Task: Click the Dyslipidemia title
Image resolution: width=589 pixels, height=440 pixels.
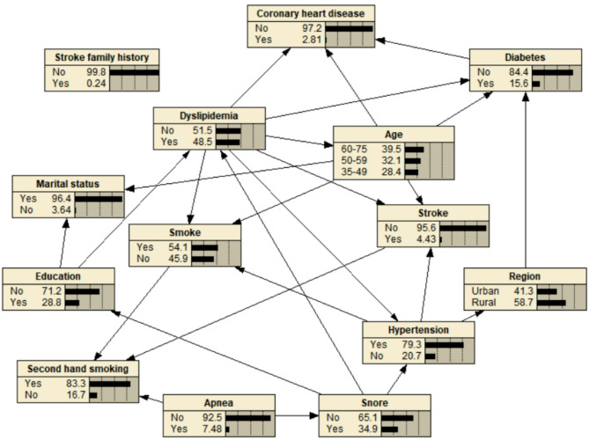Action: pyautogui.click(x=210, y=115)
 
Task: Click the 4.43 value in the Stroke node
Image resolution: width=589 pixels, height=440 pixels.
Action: pyautogui.click(x=424, y=238)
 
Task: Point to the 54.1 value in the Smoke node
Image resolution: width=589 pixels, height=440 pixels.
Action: pyautogui.click(x=178, y=248)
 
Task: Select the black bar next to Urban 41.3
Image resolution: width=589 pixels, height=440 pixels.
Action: pyautogui.click(x=547, y=290)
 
